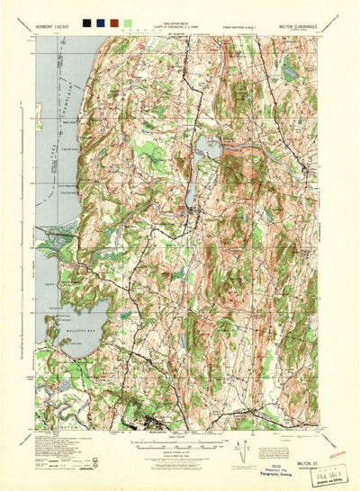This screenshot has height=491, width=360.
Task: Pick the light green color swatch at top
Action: (128, 20)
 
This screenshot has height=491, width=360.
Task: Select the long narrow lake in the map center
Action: (196, 165)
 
